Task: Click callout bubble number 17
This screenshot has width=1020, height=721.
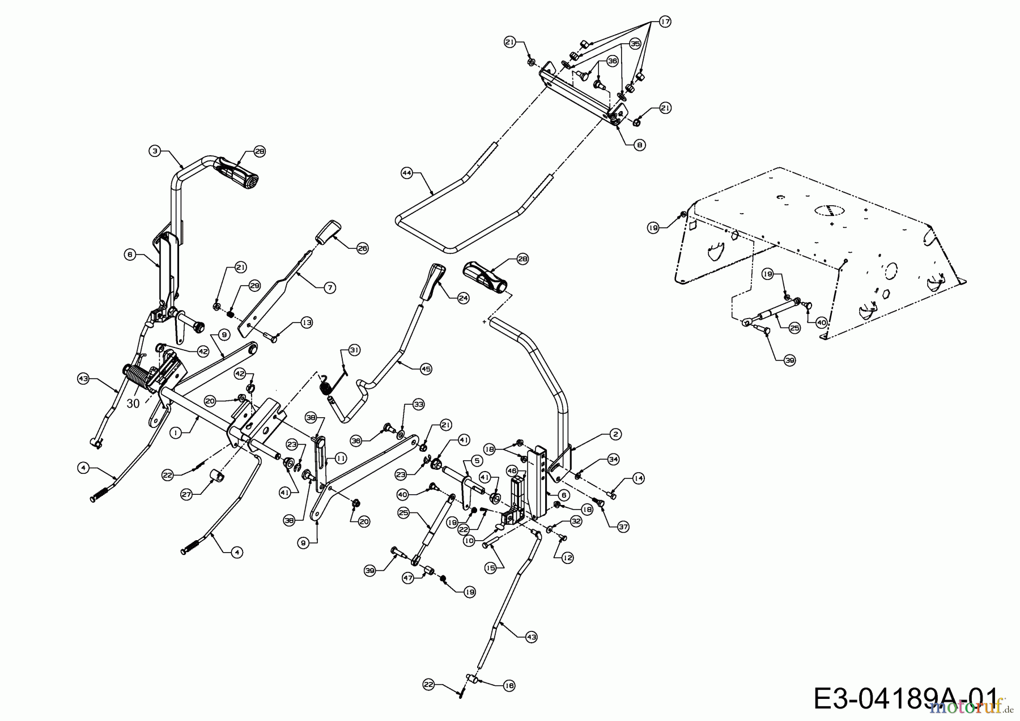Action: click(664, 22)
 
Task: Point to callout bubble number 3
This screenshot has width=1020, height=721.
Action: click(154, 151)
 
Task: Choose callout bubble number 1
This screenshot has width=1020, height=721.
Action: click(176, 432)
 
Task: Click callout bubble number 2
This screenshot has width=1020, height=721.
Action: click(615, 434)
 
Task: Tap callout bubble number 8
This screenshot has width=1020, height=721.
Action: click(639, 145)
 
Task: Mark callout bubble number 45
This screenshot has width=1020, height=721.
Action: click(426, 368)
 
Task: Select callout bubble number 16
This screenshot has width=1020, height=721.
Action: click(509, 685)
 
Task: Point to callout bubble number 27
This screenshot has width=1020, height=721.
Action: click(187, 494)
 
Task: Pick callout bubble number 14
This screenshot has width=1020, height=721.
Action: click(639, 479)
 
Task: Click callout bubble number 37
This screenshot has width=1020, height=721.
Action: click(623, 527)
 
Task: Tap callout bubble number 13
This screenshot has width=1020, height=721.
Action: click(307, 323)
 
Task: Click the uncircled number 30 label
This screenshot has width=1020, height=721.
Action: click(133, 404)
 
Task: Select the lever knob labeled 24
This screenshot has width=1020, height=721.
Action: click(432, 281)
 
